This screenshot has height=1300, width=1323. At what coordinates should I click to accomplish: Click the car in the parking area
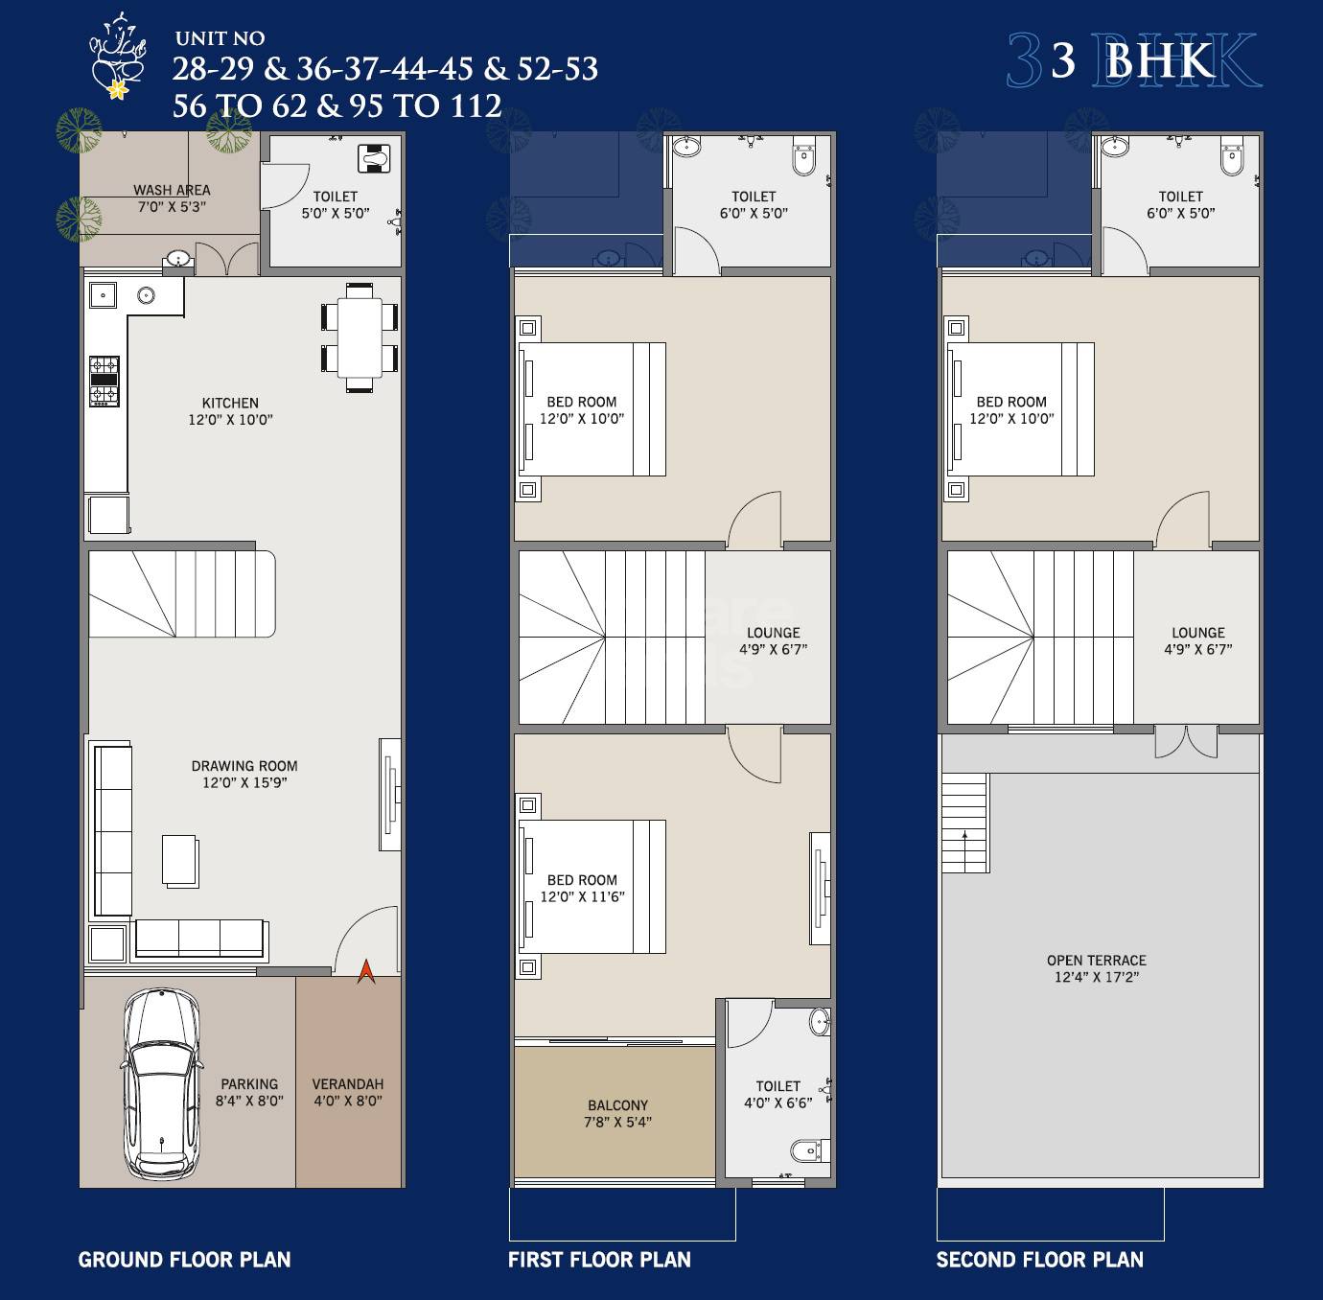pos(161,1083)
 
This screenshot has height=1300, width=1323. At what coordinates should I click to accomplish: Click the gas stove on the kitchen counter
pos(104,381)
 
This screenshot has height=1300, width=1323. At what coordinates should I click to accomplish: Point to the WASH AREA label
pos(172,190)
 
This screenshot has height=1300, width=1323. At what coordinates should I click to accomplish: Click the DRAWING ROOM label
pos(244,766)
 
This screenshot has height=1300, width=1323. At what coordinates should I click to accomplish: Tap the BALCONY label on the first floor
pos(618,1105)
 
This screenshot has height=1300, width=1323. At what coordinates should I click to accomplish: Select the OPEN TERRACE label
pos(1097,961)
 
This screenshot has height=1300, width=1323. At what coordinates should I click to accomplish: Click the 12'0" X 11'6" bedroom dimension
pos(582,897)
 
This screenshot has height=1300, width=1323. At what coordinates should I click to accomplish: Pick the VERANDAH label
pos(348,1084)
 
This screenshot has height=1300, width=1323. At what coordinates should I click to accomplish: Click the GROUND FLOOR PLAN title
pos(184,1260)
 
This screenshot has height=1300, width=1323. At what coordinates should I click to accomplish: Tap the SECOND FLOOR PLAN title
pos(1039,1260)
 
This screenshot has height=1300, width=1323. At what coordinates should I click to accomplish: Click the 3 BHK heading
pos(1133,60)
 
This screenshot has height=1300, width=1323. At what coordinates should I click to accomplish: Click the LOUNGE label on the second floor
pos(1198,633)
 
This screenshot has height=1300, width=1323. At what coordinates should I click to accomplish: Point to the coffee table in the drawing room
pos(180,860)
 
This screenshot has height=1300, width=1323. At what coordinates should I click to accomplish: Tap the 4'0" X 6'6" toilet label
pos(778,1103)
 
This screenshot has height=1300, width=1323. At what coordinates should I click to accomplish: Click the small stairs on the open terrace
pos(964,824)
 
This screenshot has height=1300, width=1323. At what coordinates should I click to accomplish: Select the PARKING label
pos(249,1084)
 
